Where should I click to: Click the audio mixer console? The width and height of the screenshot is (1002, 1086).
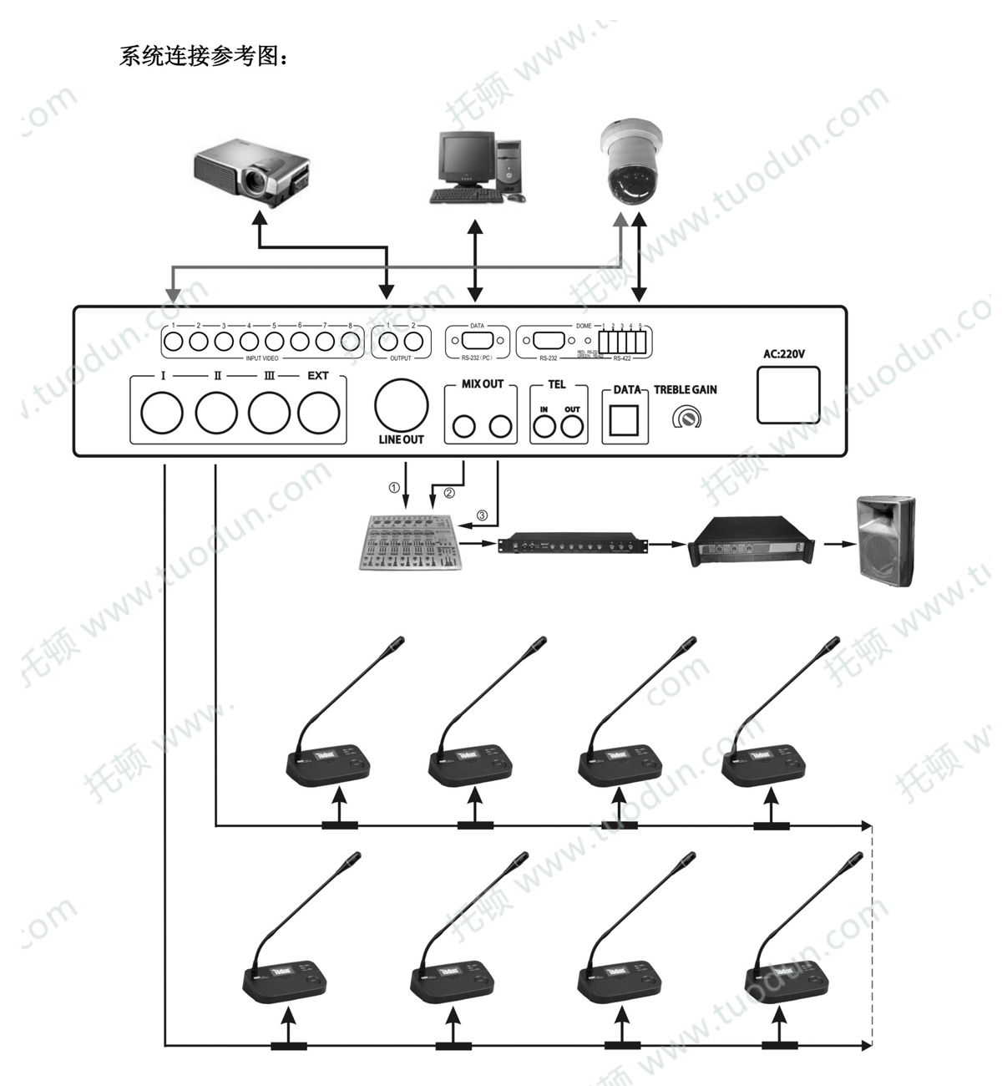click(410, 544)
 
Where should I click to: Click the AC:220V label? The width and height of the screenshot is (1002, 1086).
click(784, 353)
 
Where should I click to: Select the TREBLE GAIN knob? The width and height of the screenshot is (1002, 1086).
click(686, 417)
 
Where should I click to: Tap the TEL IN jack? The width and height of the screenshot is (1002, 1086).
click(544, 427)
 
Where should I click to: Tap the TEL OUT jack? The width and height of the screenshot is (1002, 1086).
click(572, 427)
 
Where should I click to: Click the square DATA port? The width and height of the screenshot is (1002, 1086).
click(624, 420)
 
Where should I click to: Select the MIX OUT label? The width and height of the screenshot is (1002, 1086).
click(483, 383)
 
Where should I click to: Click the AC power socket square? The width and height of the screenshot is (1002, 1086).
click(788, 395)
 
